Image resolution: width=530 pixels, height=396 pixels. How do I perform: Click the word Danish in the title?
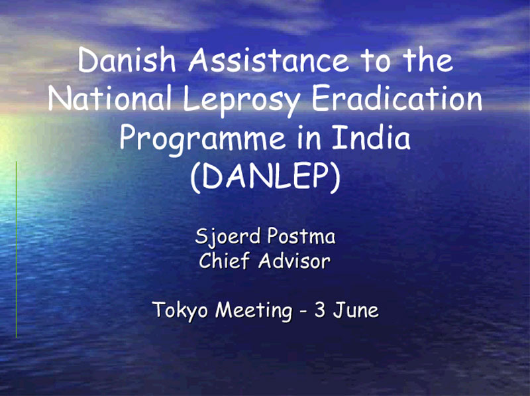coord(127,60)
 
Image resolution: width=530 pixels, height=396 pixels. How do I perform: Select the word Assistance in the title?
coord(269,60)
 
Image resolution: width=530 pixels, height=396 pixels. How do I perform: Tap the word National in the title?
coord(110,98)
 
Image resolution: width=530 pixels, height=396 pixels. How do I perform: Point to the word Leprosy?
coord(242,101)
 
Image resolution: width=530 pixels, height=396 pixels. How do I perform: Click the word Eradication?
coord(397,98)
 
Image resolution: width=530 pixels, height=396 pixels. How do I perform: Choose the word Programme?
coord(203,139)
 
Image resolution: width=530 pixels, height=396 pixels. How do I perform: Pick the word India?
coord(371,137)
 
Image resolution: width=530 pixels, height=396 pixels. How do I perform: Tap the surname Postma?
coord(301,235)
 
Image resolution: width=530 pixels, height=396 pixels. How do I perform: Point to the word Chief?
coord(224,261)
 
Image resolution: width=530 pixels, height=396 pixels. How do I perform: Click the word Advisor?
coord(294,261)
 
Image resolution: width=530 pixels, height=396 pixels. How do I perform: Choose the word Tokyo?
coord(180,310)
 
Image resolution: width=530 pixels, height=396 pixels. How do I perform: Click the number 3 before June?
coord(320,310)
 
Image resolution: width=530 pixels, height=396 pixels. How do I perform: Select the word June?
coord(356,310)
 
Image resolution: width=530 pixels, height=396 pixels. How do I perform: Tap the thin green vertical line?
coord(16,250)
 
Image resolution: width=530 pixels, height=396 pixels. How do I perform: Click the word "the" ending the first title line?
coord(427,60)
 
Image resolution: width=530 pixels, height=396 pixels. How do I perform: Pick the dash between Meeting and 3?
coord(303,311)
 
